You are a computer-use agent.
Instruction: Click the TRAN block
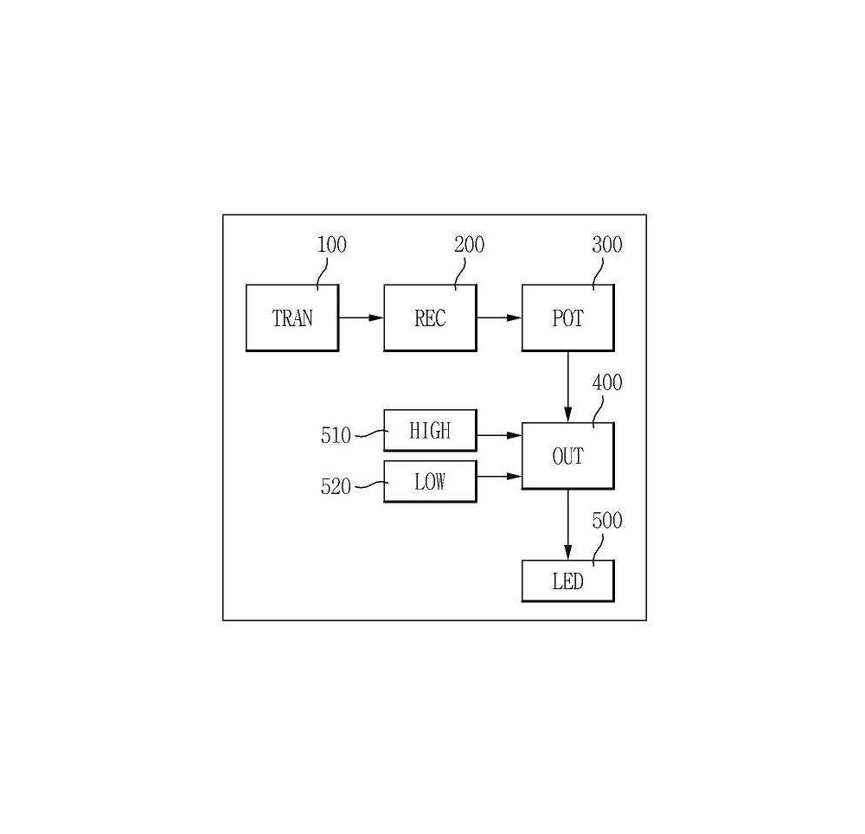coord(292,318)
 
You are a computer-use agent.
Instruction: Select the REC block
coord(430,318)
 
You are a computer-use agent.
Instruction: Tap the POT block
coord(568,318)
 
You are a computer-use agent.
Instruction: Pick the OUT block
coord(568,456)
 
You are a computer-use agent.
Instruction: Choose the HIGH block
coord(430,430)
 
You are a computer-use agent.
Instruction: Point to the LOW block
coord(430,482)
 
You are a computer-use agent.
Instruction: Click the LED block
coord(568,581)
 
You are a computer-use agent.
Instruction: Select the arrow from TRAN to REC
coord(361,318)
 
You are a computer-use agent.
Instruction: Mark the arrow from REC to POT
coord(499,318)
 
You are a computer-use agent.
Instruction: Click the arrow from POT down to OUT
coord(567,387)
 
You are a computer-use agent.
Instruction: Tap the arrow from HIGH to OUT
coord(499,435)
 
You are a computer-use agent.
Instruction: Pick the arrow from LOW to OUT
coord(499,476)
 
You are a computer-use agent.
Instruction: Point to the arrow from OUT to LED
coord(567,524)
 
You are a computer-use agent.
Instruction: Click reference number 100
coord(331,245)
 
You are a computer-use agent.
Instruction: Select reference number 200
coord(470,245)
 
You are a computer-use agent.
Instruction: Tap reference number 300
coord(607,245)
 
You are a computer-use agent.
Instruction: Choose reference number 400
coord(607,382)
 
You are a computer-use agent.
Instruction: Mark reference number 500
coord(607,521)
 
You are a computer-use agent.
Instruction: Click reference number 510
coord(336,436)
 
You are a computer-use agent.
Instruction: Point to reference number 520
coord(336,486)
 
